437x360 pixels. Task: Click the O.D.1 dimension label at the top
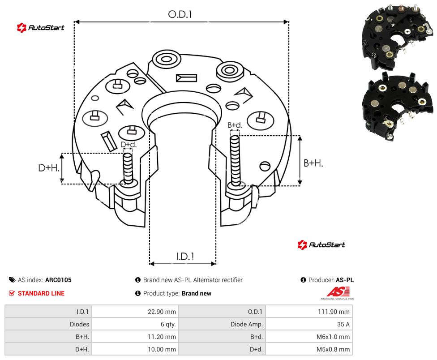coord(180,14)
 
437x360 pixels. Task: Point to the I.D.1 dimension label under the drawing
coord(185,257)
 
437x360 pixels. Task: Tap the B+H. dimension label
coord(313,163)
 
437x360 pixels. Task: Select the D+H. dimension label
coord(49,168)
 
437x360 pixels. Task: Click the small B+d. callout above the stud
coord(235,125)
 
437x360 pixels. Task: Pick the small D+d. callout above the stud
coord(129,145)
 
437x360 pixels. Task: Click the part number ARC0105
coord(58,280)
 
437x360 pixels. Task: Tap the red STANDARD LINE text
coord(41,293)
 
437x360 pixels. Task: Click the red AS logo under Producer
coord(338,293)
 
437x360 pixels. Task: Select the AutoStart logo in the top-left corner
coord(41,28)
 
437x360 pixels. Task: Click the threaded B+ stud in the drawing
coord(235,161)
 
